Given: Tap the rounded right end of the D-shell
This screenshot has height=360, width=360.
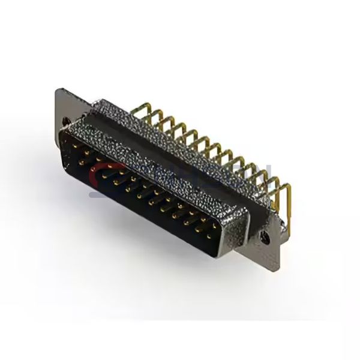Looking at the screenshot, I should [237, 234].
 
